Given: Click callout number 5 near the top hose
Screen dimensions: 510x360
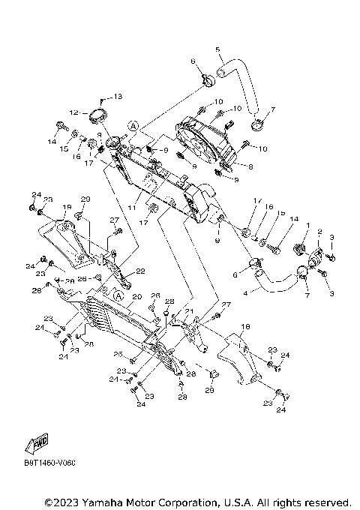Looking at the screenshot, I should tap(218, 50).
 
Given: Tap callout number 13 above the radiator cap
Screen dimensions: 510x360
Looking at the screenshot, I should tap(117, 97).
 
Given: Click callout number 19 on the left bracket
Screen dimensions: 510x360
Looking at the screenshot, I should tap(67, 207).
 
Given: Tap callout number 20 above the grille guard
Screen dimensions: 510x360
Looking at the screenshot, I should tap(137, 296).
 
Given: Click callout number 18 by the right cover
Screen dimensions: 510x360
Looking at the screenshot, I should tap(244, 327).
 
